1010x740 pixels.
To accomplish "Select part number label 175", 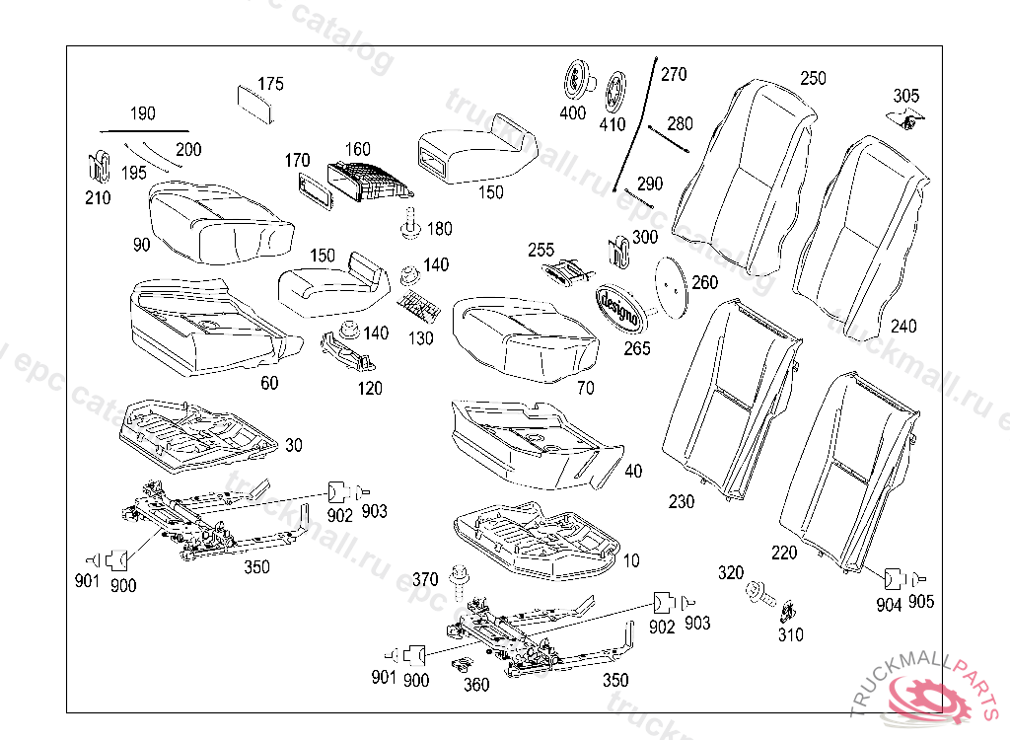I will [x=270, y=84].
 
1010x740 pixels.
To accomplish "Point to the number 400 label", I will [x=572, y=113].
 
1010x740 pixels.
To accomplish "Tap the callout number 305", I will [x=905, y=96].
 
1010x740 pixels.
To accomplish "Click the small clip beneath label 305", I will [x=910, y=121].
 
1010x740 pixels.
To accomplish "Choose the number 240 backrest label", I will [x=902, y=326].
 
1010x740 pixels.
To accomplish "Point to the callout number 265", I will [x=636, y=349].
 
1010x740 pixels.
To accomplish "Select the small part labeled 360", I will [x=460, y=667].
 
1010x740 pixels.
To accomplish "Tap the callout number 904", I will [x=889, y=605].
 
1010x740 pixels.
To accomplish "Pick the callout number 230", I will [x=681, y=501].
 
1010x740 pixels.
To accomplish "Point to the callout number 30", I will [x=294, y=446].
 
